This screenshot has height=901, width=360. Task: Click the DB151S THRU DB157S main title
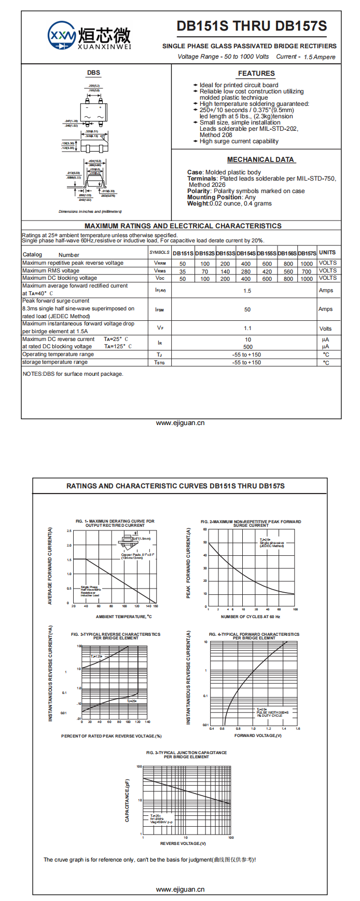point(252,26)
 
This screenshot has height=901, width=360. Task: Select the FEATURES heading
point(256,74)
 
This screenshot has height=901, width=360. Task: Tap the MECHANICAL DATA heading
point(260,160)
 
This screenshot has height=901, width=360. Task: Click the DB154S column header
point(246,253)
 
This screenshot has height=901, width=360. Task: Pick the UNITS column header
point(327,253)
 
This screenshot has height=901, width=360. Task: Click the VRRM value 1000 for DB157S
point(307,264)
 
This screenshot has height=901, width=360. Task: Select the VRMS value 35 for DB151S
point(183,271)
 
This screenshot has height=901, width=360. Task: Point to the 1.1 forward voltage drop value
point(247,328)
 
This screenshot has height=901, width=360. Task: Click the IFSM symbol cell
point(160,309)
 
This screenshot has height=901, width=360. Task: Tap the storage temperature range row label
point(55,362)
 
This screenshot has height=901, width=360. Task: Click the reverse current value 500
point(248,347)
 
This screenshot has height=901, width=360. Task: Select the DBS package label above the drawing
point(93,73)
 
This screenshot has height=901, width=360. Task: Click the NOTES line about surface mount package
point(73,374)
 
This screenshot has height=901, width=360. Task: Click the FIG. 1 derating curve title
point(115,523)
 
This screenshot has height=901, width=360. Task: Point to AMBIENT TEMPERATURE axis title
point(123,617)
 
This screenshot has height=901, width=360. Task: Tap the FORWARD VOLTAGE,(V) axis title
point(258,735)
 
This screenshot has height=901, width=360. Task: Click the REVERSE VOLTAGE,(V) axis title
point(183,843)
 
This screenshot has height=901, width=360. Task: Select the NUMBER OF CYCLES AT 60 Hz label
point(251,617)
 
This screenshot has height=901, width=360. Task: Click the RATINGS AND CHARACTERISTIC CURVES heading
point(175,486)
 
